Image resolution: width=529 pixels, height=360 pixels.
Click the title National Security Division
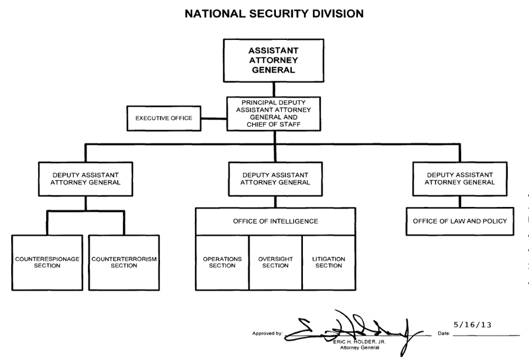click(274, 12)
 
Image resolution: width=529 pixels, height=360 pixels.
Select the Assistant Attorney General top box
click(273, 60)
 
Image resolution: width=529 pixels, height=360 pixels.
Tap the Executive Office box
click(163, 118)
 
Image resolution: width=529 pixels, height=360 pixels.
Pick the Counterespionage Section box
click(47, 262)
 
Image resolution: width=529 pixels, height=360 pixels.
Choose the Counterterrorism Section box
click(124, 262)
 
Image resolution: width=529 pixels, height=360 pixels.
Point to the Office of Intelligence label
click(275, 221)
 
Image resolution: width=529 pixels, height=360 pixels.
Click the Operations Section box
click(222, 262)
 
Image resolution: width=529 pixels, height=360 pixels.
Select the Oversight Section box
click(275, 262)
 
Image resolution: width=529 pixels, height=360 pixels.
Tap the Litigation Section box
click(329, 262)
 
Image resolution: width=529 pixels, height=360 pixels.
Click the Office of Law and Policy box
click(460, 221)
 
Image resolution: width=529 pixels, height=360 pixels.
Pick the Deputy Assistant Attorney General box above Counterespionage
click(86, 179)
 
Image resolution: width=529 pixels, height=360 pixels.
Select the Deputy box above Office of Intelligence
click(275, 179)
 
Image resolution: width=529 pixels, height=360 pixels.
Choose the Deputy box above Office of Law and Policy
click(460, 179)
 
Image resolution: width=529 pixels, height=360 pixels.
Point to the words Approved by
click(267, 334)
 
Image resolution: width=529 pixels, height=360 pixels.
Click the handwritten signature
click(351, 326)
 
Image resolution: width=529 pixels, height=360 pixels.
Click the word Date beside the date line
click(443, 334)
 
